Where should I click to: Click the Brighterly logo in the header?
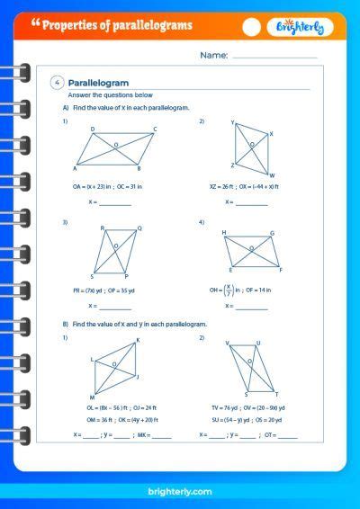(x=307, y=27)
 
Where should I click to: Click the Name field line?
(x=275, y=56)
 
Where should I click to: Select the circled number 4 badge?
(x=58, y=83)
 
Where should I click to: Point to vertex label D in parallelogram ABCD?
(x=94, y=129)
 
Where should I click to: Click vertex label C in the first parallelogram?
(x=154, y=129)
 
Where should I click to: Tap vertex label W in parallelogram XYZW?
(x=273, y=175)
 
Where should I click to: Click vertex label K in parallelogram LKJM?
(x=138, y=340)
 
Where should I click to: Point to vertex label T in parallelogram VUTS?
(x=276, y=395)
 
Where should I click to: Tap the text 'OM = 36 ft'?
(x=86, y=418)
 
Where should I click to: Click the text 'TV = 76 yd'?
(x=214, y=406)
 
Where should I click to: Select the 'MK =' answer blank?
(x=162, y=435)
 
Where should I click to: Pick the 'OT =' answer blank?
(x=287, y=435)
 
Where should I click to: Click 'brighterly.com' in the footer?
(x=180, y=492)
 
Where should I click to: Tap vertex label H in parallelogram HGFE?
(x=224, y=232)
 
